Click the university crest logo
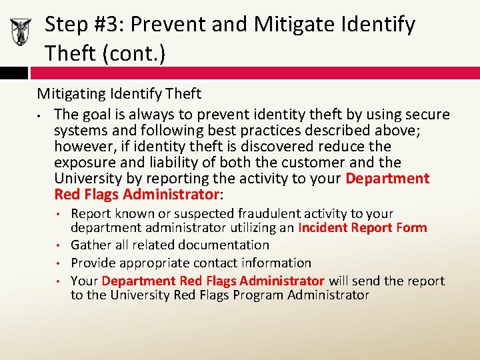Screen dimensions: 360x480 (x=21, y=31)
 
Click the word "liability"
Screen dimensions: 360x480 (x=157, y=163)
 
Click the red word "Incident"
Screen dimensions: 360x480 (x=323, y=228)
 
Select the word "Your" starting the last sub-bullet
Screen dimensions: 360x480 (x=85, y=281)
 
